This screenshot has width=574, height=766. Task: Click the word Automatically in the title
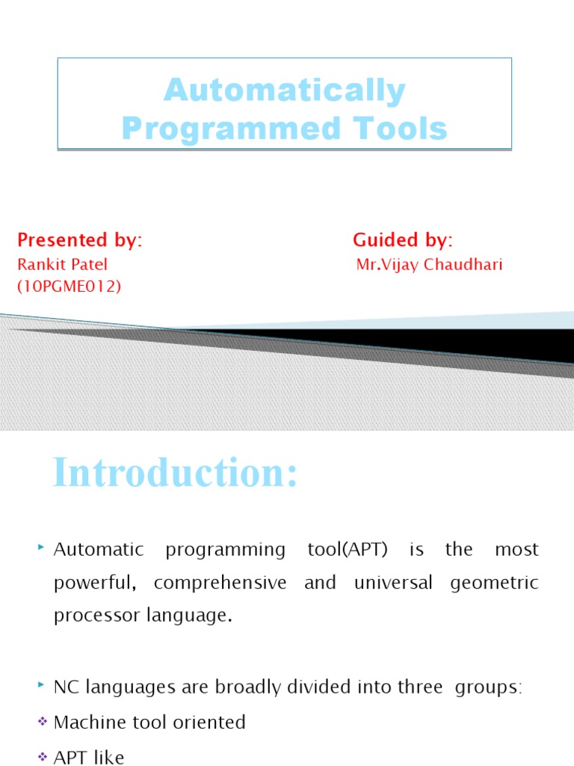tap(285, 91)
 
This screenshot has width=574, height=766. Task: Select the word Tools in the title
tap(401, 129)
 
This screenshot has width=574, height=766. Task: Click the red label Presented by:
tap(79, 240)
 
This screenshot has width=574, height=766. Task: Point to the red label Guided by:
tap(403, 240)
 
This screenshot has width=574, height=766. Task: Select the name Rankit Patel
tap(62, 265)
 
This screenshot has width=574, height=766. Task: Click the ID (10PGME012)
tap(69, 286)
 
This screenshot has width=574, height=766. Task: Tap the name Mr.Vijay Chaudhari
tap(429, 265)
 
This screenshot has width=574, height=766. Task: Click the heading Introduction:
tap(176, 474)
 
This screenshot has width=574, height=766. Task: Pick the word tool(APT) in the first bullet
tap(348, 550)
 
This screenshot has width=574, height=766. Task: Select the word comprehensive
tap(221, 583)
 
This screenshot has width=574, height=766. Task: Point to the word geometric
tap(495, 583)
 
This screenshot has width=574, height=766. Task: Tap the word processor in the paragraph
tap(90, 616)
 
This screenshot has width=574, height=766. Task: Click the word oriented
tap(209, 723)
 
